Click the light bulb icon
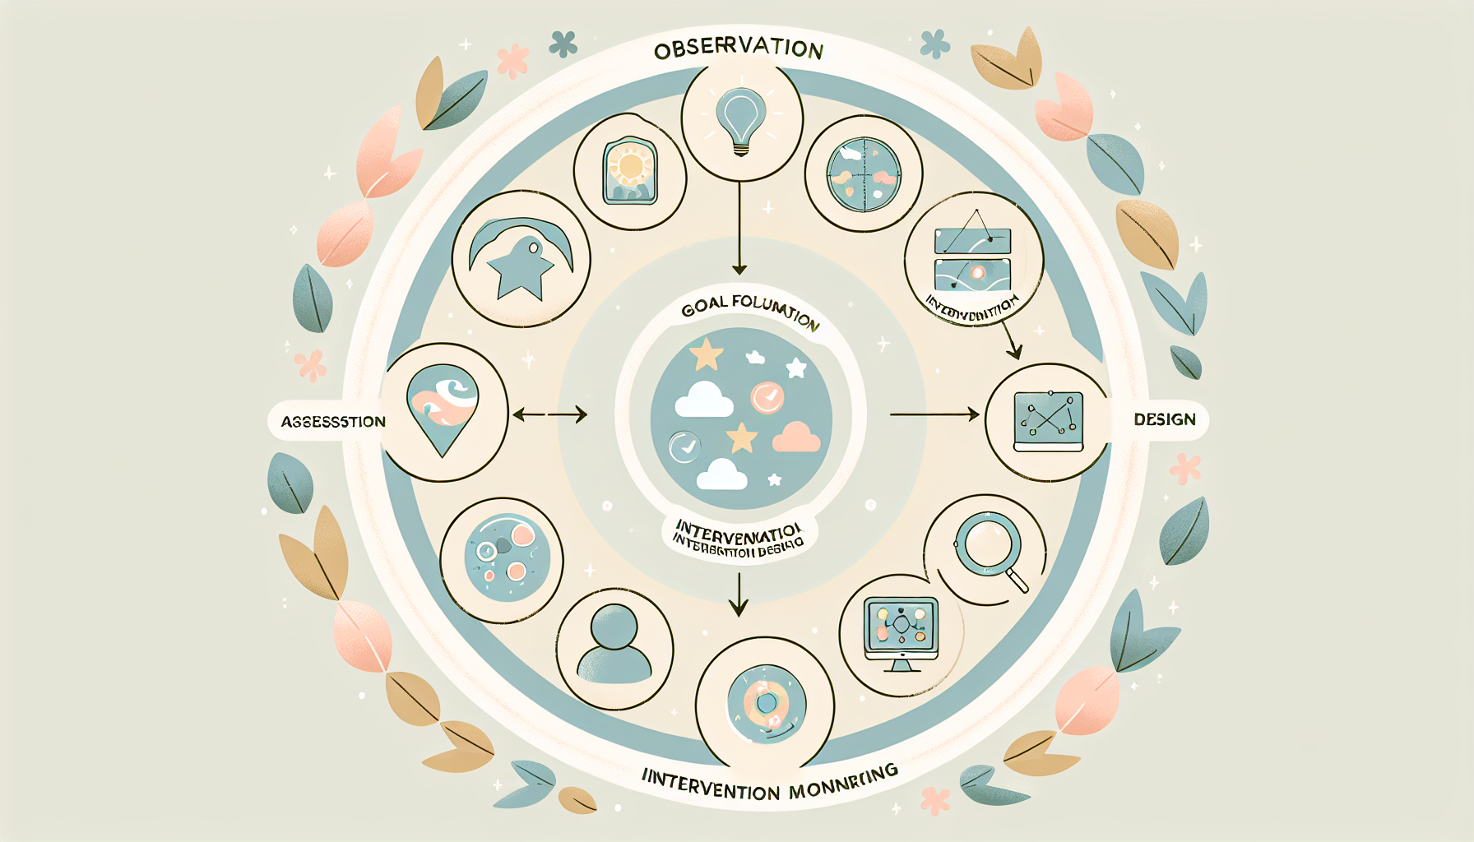tap(740, 119)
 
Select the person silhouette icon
tap(614, 645)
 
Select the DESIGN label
tap(1164, 419)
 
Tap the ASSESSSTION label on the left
tap(333, 422)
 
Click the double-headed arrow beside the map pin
tap(549, 414)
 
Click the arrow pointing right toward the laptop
tap(934, 414)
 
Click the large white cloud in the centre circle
tap(704, 400)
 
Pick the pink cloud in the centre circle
tap(796, 437)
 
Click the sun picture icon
tap(630, 171)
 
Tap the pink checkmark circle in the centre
tap(767, 398)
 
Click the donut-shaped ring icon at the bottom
tap(766, 703)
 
